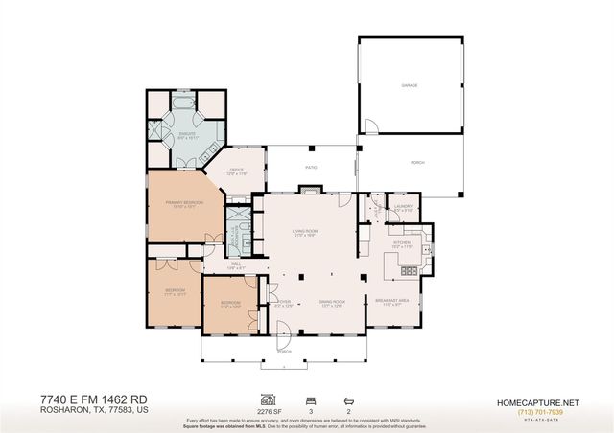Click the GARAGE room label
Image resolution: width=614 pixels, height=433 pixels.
tap(410, 85)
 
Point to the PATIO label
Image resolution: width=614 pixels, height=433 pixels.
tap(311, 167)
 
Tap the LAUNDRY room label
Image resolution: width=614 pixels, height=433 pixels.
tap(402, 206)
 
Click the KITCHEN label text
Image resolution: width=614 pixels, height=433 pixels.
tap(401, 243)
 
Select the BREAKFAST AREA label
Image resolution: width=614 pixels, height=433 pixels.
tap(400, 300)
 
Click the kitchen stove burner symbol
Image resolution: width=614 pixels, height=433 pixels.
tap(411, 271)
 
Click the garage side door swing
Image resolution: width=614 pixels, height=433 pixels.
tap(368, 125)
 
